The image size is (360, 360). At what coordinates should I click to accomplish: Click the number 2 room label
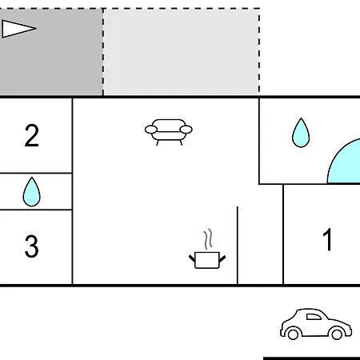(x=32, y=135)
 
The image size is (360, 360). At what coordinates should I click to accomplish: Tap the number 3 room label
(x=32, y=246)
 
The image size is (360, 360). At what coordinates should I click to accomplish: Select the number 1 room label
(x=327, y=239)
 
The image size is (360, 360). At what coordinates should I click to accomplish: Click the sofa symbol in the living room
(x=169, y=132)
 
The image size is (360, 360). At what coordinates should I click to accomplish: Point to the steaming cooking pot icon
(x=207, y=249)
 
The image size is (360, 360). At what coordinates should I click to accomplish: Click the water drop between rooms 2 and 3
(x=32, y=192)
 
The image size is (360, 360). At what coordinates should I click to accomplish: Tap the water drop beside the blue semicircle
(x=301, y=133)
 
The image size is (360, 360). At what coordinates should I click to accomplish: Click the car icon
(x=316, y=324)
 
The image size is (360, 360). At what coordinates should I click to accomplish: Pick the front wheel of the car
(x=337, y=334)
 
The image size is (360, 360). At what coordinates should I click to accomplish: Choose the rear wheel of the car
(x=293, y=334)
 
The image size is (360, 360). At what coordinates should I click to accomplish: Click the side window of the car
(x=314, y=317)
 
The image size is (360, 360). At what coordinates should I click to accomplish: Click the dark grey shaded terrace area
(x=51, y=52)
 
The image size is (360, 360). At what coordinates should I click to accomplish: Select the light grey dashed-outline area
(x=181, y=52)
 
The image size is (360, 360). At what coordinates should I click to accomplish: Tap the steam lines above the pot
(x=208, y=239)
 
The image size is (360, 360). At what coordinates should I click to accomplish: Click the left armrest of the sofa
(x=151, y=130)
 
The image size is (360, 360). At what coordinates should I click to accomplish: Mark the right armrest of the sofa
(x=186, y=130)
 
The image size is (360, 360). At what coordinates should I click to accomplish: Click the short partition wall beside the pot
(x=238, y=246)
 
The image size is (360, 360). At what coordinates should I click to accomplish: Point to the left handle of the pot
(x=192, y=258)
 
